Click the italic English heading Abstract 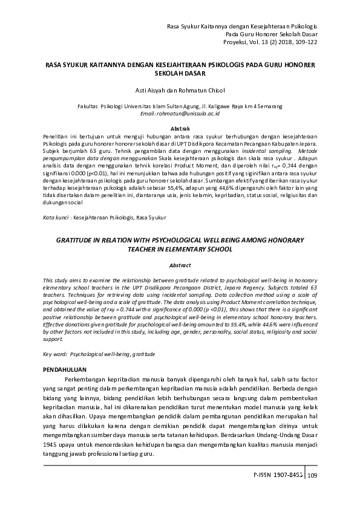180,265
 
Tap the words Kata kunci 55,216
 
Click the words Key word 55,353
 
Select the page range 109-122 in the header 304,42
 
